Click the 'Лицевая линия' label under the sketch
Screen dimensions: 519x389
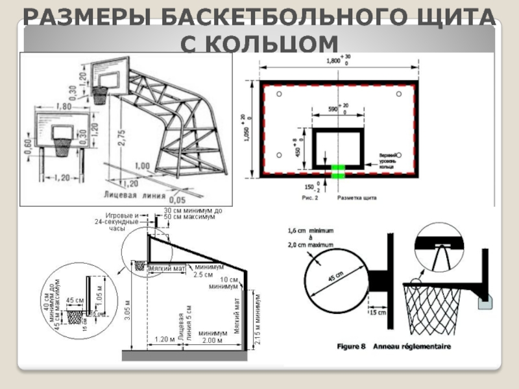[128, 193]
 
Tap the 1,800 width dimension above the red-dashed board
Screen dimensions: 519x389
[332, 60]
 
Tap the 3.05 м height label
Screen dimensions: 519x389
[127, 314]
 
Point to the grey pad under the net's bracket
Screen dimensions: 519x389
[483, 299]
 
